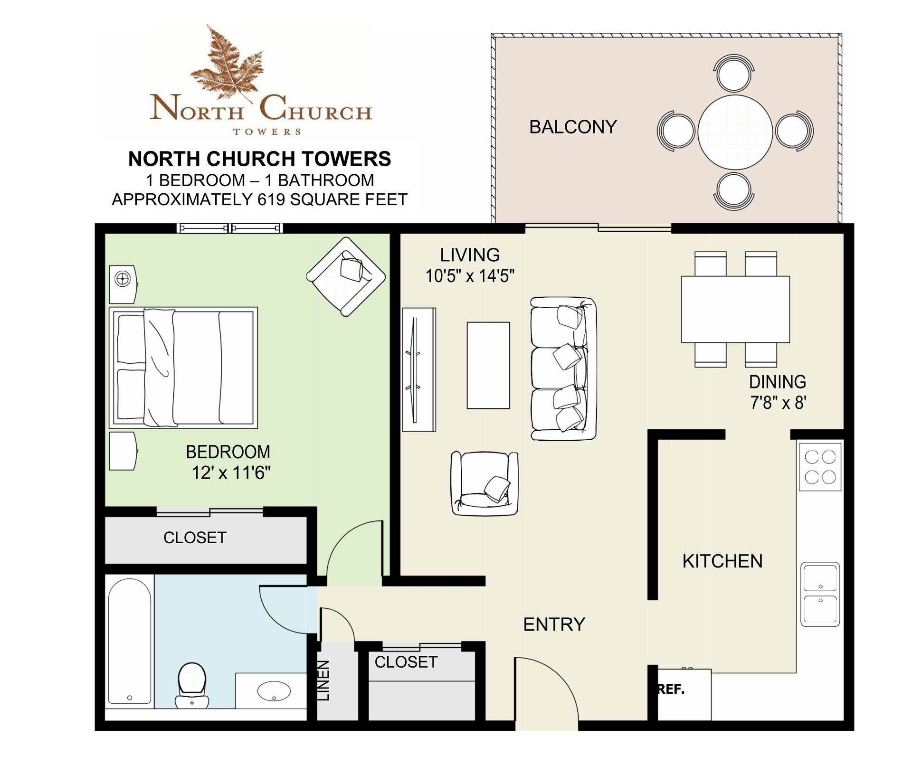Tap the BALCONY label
coord(573,127)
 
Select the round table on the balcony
coord(735,132)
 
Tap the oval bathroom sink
coord(274,691)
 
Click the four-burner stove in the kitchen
coord(820,467)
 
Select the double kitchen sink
coord(820,594)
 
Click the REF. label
coord(671,689)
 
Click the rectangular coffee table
coord(488,365)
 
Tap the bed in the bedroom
coord(183,368)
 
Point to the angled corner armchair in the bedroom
coord(346,276)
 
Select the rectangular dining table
coord(735,309)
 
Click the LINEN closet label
coord(323,680)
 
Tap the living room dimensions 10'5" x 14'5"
coord(470,275)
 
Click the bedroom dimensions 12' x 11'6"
coord(231,472)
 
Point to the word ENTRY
coord(554,624)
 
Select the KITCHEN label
coord(722,561)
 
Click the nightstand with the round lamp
coord(123,284)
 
